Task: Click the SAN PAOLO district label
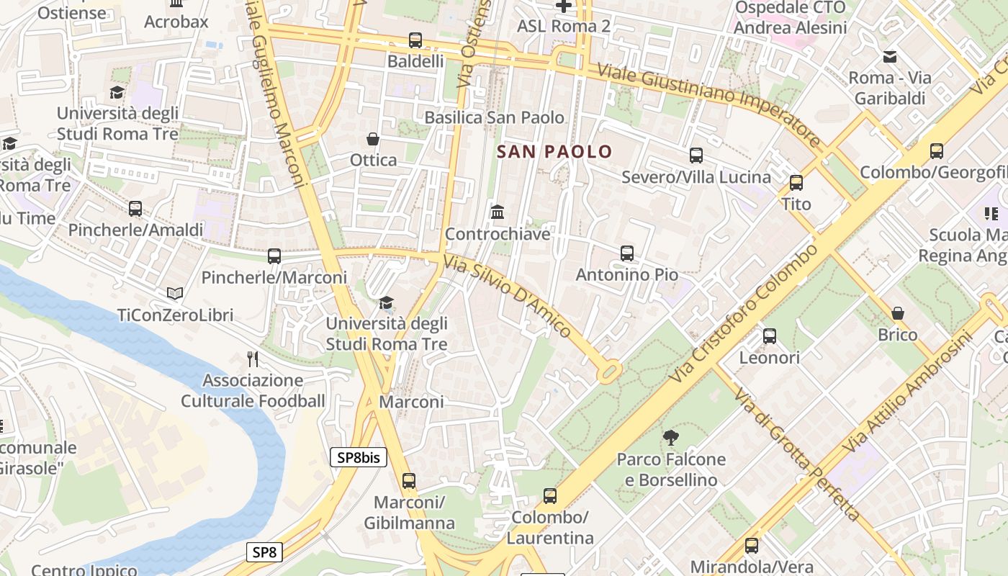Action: point(554,152)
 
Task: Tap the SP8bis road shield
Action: point(359,457)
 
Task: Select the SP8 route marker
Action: point(264,552)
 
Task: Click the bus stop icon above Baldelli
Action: point(415,40)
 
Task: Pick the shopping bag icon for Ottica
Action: point(373,138)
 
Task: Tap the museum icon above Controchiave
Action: point(497,212)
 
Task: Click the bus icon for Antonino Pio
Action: point(626,253)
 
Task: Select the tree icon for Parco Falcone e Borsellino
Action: point(671,437)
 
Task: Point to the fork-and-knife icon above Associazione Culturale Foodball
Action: point(253,359)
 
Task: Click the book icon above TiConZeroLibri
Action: point(175,293)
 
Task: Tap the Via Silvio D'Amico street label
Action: point(508,297)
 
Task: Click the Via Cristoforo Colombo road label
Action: point(745,313)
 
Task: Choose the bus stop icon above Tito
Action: point(796,183)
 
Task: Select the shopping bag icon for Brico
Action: point(897,313)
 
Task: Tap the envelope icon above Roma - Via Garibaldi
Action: point(890,56)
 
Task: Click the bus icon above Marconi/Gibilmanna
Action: point(409,480)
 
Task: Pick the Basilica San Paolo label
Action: point(494,117)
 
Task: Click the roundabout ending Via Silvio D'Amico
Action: point(609,372)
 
